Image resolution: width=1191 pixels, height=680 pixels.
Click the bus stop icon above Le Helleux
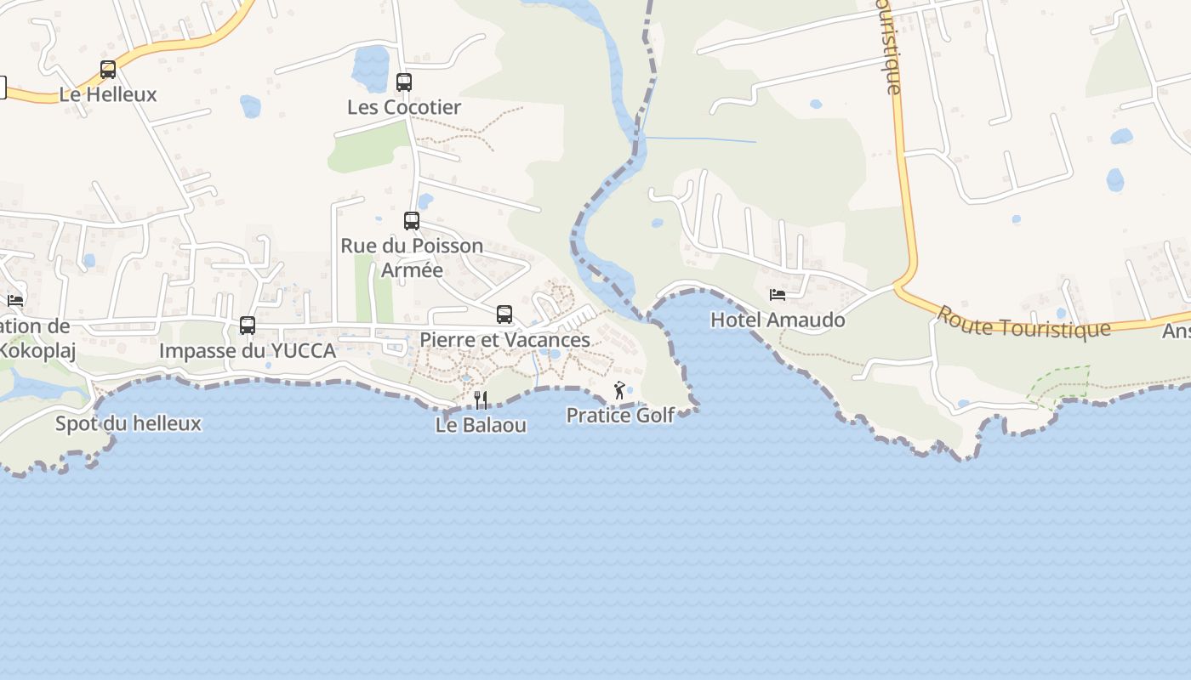click(x=108, y=70)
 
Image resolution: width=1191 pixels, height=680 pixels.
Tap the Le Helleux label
click(x=108, y=94)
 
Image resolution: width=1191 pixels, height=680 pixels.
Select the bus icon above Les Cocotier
click(x=404, y=82)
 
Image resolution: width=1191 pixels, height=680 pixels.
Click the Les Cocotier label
click(x=404, y=107)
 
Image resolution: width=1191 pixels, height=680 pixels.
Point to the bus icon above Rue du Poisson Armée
click(x=412, y=221)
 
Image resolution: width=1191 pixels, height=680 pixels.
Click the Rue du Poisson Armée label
click(x=412, y=258)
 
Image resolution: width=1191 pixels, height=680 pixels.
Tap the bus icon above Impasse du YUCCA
click(x=248, y=325)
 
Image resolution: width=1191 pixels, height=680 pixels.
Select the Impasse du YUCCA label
click(x=248, y=350)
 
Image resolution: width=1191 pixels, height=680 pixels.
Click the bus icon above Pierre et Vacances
click(x=504, y=314)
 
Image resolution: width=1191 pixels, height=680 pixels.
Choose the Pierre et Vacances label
click(x=504, y=340)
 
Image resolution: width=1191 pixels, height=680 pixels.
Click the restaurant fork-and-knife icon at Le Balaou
click(x=481, y=399)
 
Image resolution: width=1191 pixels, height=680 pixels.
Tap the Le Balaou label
click(x=481, y=425)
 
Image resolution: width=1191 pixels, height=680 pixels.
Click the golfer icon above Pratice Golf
click(x=619, y=391)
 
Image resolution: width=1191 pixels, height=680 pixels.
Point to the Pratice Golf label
click(x=620, y=416)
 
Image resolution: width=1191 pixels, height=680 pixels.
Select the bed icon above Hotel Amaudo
click(x=778, y=295)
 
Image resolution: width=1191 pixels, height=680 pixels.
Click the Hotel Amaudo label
click(x=778, y=320)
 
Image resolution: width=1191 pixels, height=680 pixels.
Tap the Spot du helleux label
click(x=128, y=423)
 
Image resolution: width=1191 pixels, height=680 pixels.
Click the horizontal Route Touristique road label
click(x=1023, y=323)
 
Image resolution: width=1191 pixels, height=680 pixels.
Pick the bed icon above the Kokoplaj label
click(x=15, y=300)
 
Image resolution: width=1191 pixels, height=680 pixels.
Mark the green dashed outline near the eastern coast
click(x=1059, y=383)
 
